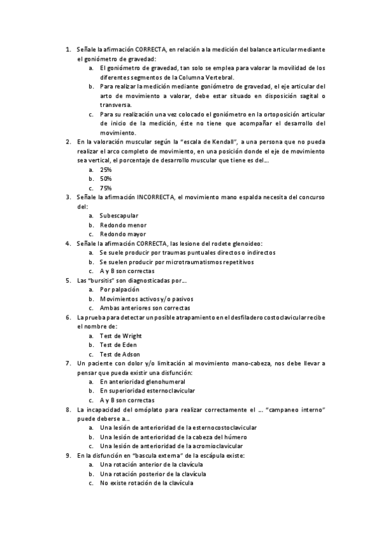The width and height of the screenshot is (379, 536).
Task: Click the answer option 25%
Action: [x=106, y=169]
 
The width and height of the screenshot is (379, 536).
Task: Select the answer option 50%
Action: [x=106, y=179]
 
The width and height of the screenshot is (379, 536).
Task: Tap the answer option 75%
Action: [x=106, y=188]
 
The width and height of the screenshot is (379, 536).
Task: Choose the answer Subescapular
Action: [x=119, y=216]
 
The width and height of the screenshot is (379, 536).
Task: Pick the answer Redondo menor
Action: [x=123, y=224]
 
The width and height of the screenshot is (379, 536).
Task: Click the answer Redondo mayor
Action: [x=123, y=234]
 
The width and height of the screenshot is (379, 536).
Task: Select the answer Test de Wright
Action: [x=120, y=336]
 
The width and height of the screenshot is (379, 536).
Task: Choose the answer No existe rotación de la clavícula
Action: [x=146, y=483]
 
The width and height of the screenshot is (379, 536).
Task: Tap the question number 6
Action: [x=68, y=317]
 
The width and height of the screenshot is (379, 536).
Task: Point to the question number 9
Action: [x=68, y=455]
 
